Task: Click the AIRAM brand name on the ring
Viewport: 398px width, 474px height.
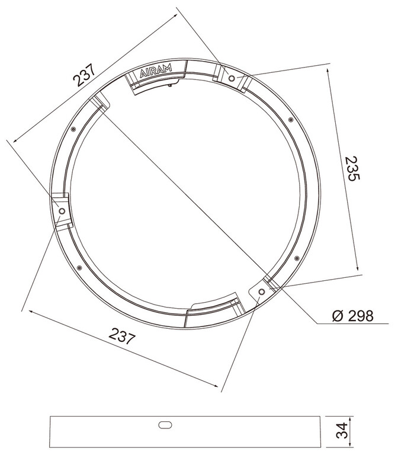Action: point(156,71)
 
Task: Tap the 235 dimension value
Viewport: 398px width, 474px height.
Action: point(352,168)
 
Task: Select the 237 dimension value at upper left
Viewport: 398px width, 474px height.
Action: point(84,75)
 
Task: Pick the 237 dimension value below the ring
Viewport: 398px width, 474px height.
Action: point(122,336)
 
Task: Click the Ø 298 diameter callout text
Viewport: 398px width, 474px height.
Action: point(352,316)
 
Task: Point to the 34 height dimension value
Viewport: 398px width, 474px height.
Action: point(342,431)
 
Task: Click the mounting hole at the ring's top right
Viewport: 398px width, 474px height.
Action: point(232,78)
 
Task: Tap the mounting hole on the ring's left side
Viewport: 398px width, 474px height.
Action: point(62,211)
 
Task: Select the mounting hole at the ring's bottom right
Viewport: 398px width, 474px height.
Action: point(262,292)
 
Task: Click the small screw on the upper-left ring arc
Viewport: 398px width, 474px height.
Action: point(73,129)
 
